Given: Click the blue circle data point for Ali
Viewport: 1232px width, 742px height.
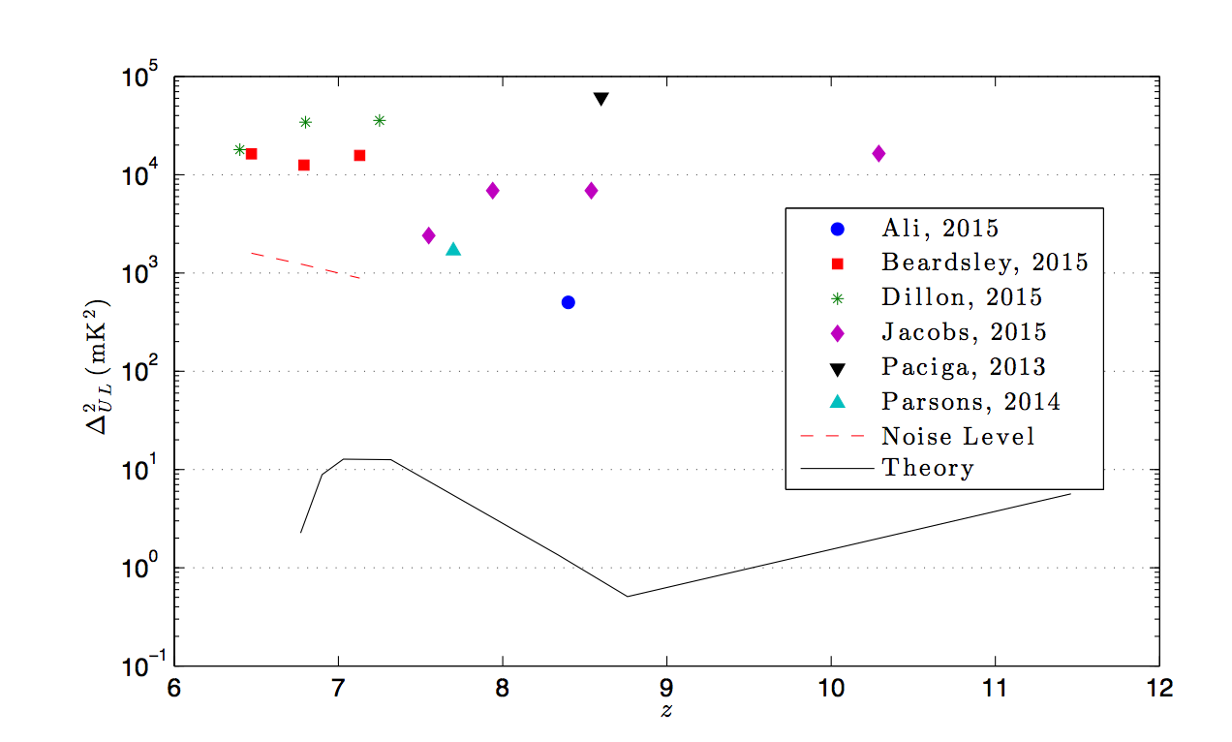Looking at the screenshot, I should point(569,302).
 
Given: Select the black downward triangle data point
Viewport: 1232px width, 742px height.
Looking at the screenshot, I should point(601,99).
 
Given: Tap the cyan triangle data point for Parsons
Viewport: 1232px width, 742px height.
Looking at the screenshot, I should point(453,249).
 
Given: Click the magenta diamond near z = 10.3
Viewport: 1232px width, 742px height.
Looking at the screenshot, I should point(878,153).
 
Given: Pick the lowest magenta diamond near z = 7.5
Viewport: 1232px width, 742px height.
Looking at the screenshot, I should point(429,235).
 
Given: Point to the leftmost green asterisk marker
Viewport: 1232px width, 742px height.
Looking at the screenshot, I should point(240,149).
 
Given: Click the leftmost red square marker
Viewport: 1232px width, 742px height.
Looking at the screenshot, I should point(251,154).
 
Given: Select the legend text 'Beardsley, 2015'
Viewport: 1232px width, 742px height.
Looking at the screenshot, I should point(984,263).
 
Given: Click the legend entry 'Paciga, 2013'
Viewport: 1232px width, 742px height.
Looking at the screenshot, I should point(963,367).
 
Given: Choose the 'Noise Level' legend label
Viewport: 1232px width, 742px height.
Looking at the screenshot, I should point(957,437).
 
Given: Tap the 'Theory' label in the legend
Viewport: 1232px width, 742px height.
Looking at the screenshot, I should point(927,469).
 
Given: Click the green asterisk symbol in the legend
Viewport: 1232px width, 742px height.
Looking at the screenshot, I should point(838,298).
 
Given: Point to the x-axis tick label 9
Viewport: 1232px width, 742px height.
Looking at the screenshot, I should point(666,689).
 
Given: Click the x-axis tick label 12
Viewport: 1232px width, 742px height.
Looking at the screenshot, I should point(1158,689).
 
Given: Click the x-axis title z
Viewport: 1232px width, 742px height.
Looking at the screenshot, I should point(666,711).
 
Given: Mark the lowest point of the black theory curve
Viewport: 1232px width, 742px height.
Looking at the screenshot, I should point(628,596).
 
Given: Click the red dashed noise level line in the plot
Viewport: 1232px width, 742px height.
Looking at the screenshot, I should point(305,264).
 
